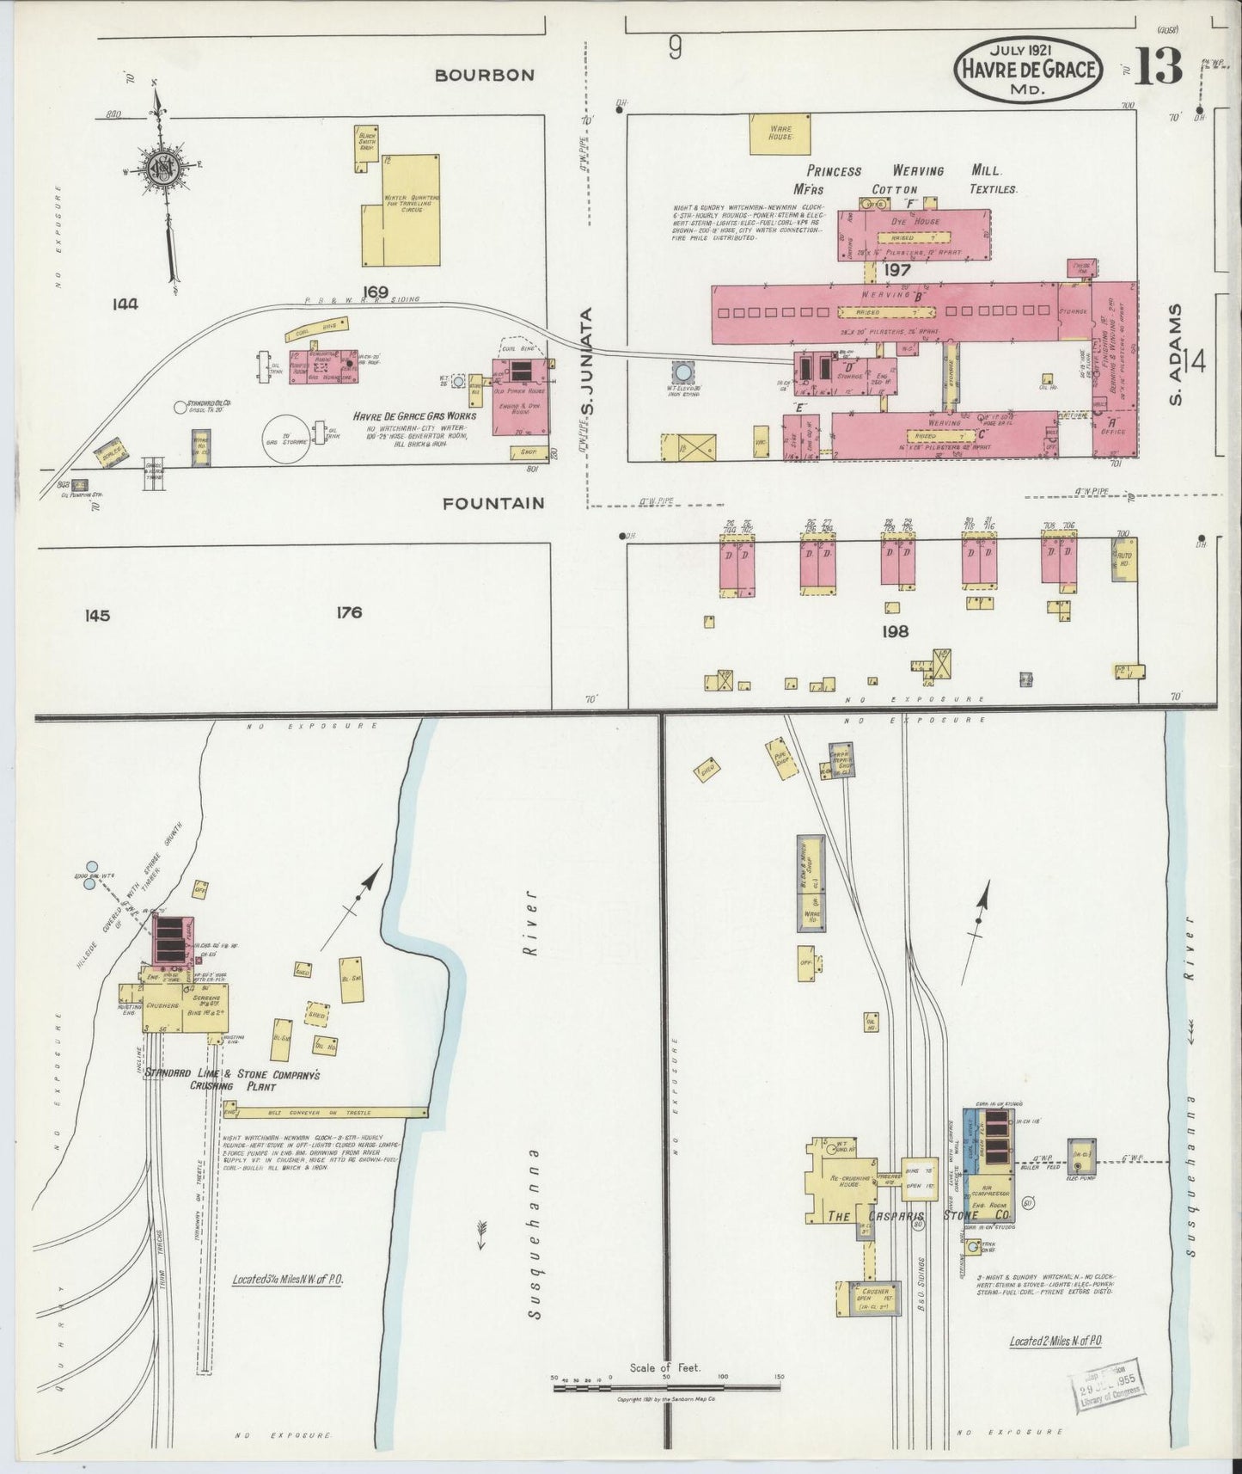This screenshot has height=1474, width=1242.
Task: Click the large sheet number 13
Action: pyautogui.click(x=1157, y=66)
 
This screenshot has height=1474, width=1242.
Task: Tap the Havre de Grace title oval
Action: pyautogui.click(x=1028, y=68)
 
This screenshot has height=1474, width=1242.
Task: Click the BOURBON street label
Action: pyautogui.click(x=484, y=75)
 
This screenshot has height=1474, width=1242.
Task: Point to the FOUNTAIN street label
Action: pyautogui.click(x=493, y=503)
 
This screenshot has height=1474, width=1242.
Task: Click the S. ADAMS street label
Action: pyautogui.click(x=1177, y=353)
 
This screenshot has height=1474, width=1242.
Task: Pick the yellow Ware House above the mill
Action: pyautogui.click(x=780, y=134)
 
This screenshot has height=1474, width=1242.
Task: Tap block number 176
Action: pyautogui.click(x=349, y=612)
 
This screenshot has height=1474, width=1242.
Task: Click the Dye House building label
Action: pyautogui.click(x=914, y=222)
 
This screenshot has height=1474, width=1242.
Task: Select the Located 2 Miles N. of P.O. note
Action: pyautogui.click(x=1055, y=1341)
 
